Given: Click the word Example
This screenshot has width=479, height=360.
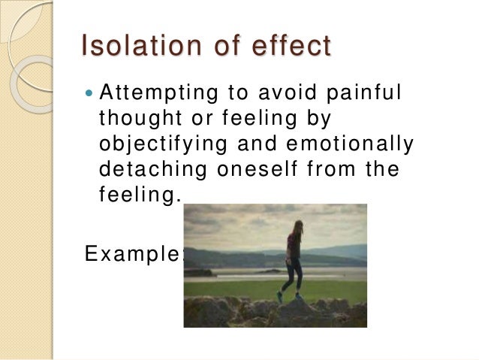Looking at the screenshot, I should pos(132,254).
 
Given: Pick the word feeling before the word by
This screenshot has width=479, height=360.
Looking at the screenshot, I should pos(251,119).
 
